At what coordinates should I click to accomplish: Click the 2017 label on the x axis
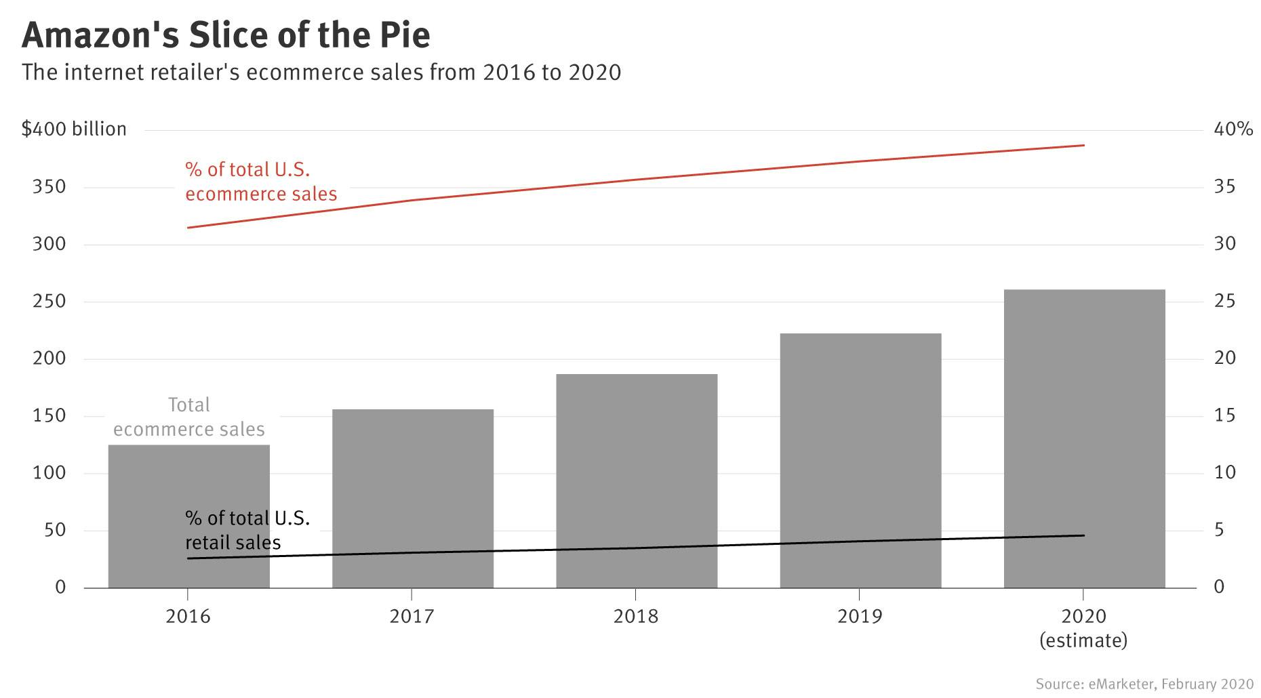(x=412, y=617)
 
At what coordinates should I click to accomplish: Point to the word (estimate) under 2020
(x=1083, y=640)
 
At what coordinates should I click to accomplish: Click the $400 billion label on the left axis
(x=74, y=129)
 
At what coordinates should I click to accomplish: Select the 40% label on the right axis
(x=1233, y=129)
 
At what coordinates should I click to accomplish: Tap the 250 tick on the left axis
(x=49, y=302)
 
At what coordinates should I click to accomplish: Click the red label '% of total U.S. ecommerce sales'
(x=260, y=182)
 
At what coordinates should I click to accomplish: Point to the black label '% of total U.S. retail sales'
(x=247, y=530)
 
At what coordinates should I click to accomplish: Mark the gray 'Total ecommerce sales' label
(x=188, y=417)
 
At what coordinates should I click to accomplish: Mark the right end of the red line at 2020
(x=1083, y=145)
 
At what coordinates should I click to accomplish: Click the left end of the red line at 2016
(x=188, y=228)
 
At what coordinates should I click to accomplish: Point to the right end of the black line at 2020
(x=1083, y=535)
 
